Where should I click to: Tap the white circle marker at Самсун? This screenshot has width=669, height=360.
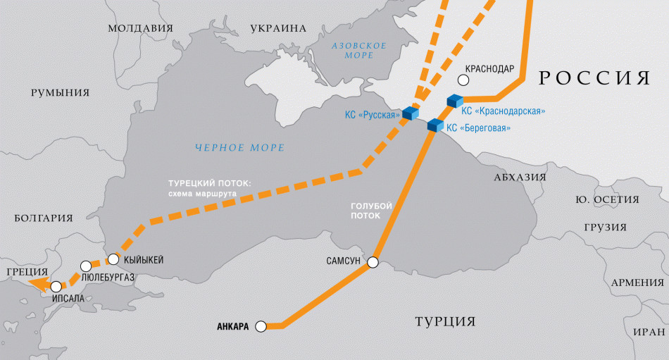tap(373, 263)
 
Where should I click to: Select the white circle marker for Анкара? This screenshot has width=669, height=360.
tap(261, 326)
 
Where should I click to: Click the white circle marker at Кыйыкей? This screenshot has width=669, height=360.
tap(113, 259)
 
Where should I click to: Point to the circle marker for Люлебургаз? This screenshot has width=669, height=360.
tap(86, 266)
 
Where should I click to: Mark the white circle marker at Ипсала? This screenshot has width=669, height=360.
tap(56, 287)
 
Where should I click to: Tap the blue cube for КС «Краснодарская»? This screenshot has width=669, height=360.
tap(455, 101)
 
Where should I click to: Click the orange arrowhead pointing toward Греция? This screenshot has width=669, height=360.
tap(39, 284)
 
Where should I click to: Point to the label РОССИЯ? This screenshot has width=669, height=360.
tap(594, 78)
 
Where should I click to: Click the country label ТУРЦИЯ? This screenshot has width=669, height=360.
tap(444, 322)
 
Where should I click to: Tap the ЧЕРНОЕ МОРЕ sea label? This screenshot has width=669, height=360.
tap(240, 148)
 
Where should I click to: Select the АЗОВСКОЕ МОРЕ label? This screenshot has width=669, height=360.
tap(359, 50)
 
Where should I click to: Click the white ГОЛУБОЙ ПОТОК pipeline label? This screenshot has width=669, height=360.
tap(371, 211)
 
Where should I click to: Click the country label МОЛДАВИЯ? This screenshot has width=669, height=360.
tap(140, 29)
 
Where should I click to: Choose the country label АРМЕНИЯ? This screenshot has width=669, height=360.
tap(637, 283)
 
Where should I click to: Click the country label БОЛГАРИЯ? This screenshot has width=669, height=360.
tap(44, 218)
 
